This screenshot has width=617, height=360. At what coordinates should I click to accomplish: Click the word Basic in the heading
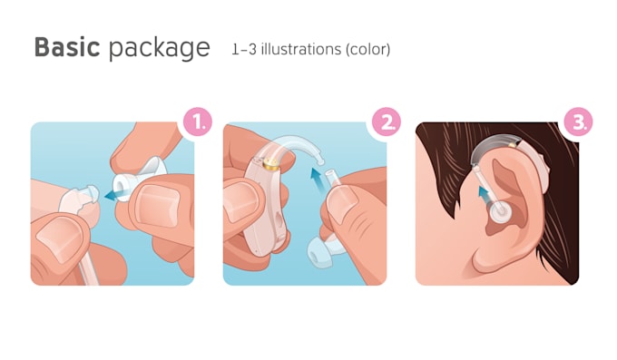pyautogui.click(x=67, y=47)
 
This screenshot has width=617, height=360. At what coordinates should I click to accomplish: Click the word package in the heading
pyautogui.click(x=160, y=49)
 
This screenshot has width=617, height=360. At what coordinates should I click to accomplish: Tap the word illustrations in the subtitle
pyautogui.click(x=301, y=50)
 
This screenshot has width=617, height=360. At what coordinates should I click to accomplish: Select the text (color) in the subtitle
pyautogui.click(x=367, y=50)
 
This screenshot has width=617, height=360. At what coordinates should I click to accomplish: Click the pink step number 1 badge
pyautogui.click(x=198, y=122)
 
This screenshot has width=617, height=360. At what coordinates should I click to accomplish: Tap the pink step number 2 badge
pyautogui.click(x=387, y=122)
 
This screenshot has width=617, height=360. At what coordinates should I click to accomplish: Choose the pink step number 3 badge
pyautogui.click(x=578, y=122)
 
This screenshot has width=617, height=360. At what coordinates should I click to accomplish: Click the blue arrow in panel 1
pyautogui.click(x=114, y=193)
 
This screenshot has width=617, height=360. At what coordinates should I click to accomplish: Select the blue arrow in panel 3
pyautogui.click(x=485, y=195)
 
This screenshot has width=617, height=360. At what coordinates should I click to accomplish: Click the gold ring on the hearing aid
pyautogui.click(x=270, y=164)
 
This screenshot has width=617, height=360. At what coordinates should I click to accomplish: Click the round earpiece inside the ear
pyautogui.click(x=500, y=210)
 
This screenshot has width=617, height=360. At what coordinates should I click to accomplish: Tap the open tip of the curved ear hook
pyautogui.click(x=321, y=161)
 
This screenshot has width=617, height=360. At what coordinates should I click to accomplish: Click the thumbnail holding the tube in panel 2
pyautogui.click(x=341, y=205)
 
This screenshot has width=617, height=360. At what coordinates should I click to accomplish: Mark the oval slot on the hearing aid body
pyautogui.click(x=279, y=221)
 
